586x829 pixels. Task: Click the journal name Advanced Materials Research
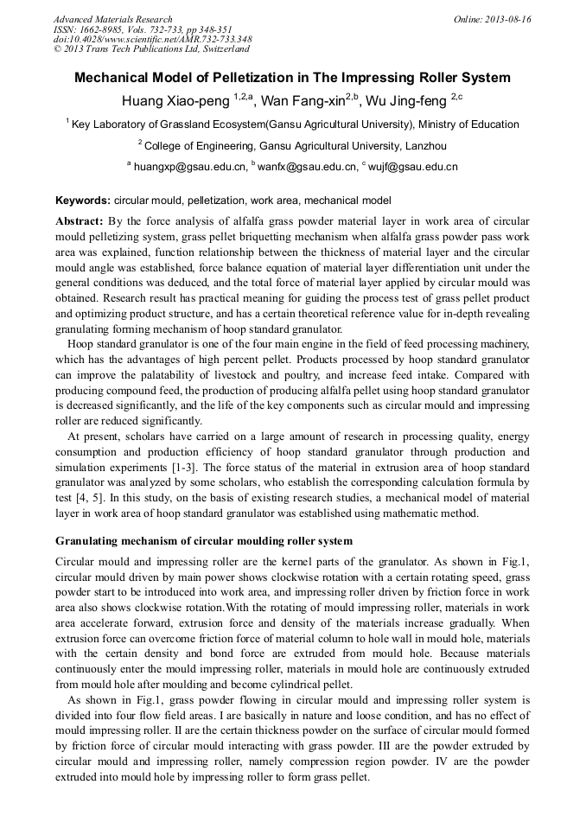[x=112, y=19]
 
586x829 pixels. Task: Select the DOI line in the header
[x=152, y=39]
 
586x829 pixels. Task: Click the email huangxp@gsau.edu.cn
[x=187, y=166]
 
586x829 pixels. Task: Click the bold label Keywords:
[x=83, y=200]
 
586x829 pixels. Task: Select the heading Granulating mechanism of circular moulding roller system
[x=204, y=541]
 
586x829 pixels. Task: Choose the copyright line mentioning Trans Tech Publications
[x=151, y=49]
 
